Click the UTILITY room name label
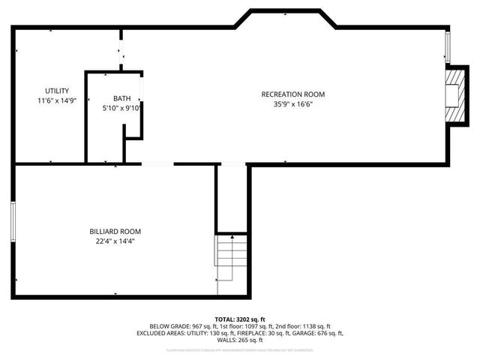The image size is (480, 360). pyautogui.click(x=56, y=91)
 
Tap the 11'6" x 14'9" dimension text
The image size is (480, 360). pyautogui.click(x=56, y=100)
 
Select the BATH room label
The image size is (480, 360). pyautogui.click(x=121, y=98)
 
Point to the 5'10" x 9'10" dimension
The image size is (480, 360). pyautogui.click(x=122, y=108)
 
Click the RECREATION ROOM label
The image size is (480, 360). pyautogui.click(x=292, y=94)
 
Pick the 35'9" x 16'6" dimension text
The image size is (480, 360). pyautogui.click(x=292, y=104)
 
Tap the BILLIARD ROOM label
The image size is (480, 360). pyautogui.click(x=115, y=231)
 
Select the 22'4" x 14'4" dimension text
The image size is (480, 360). pyautogui.click(x=115, y=241)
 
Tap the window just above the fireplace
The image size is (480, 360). pyautogui.click(x=448, y=49)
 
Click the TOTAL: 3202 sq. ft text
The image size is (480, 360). pyautogui.click(x=240, y=319)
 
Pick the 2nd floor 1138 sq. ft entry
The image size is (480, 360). pyautogui.click(x=304, y=326)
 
